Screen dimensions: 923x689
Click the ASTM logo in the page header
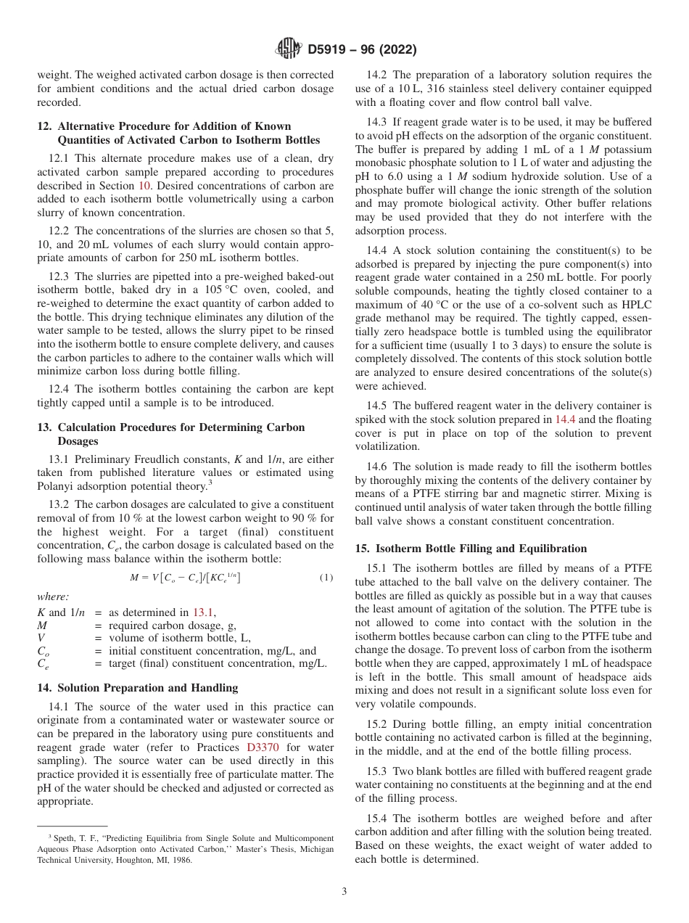(x=289, y=49)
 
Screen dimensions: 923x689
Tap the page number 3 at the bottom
(x=344, y=892)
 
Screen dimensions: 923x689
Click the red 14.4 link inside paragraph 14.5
(x=566, y=419)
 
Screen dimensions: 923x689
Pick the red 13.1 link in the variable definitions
(x=204, y=612)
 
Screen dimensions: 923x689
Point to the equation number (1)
(x=326, y=578)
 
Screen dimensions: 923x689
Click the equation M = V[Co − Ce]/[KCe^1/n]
(x=185, y=578)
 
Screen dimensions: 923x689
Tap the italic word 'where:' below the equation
(x=53, y=596)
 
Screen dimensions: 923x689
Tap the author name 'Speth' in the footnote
(x=62, y=838)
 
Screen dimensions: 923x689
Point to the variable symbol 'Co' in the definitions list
(x=44, y=652)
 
